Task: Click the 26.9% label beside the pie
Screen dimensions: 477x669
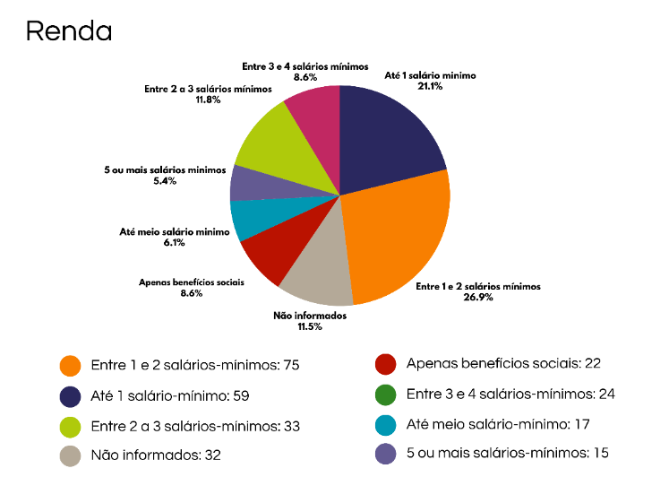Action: coord(479,298)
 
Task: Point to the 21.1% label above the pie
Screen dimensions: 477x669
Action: coord(430,86)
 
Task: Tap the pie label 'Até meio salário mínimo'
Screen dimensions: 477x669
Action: coord(175,232)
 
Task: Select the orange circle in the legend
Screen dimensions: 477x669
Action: coord(71,366)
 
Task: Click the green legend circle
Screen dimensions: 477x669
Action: coord(386,394)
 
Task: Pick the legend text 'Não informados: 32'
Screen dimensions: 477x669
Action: coord(156,455)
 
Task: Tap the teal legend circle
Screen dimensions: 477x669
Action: coord(386,424)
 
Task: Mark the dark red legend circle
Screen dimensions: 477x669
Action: coord(386,364)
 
